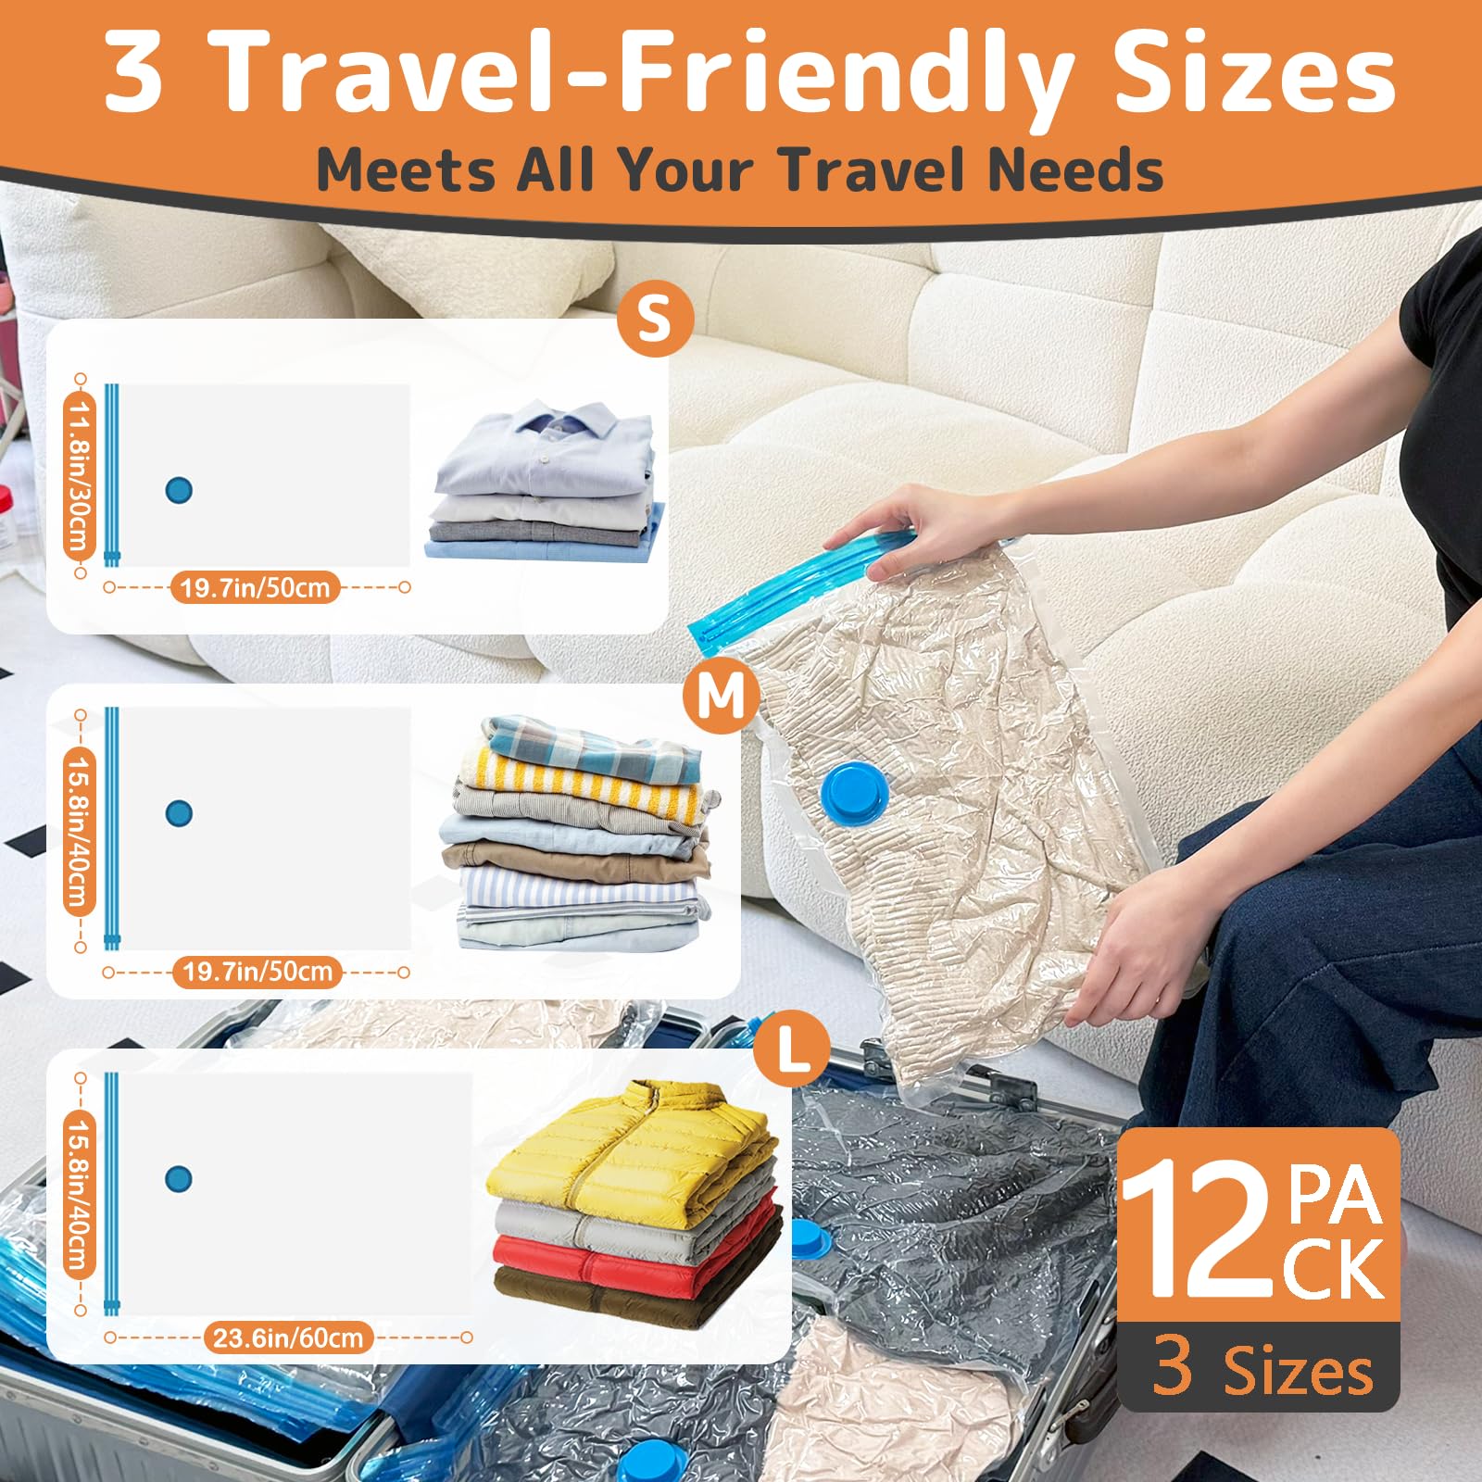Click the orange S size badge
tap(655, 319)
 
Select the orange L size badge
tap(791, 1049)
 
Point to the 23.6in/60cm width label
tap(288, 1338)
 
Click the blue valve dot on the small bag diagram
tap(179, 490)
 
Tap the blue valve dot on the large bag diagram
tap(179, 1179)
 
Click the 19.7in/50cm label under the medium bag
tap(257, 972)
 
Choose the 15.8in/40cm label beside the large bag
tap(81, 1195)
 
